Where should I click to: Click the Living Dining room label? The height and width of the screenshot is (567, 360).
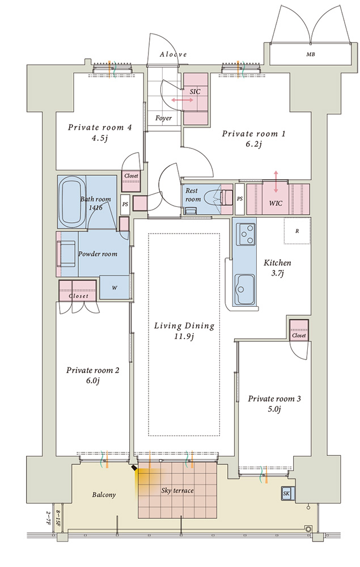(x=184, y=326)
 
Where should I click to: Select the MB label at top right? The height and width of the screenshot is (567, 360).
(x=311, y=54)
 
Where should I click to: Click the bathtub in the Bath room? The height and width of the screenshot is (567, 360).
(x=71, y=202)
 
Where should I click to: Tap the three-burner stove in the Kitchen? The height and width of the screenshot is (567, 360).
(x=245, y=235)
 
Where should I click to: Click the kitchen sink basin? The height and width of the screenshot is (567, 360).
(x=244, y=290)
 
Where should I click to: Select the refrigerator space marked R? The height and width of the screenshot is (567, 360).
(x=297, y=231)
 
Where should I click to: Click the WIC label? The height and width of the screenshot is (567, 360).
(x=276, y=203)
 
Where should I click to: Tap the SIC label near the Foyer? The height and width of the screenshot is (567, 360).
(x=195, y=91)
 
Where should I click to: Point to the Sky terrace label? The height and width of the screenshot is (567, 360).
(x=177, y=490)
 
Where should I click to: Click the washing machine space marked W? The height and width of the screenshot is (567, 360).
(x=114, y=288)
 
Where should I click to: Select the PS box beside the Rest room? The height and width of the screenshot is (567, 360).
(x=240, y=198)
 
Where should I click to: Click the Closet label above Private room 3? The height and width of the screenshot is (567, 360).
(x=299, y=336)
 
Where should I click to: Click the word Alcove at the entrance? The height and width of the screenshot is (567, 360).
(x=173, y=54)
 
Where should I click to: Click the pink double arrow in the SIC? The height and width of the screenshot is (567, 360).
(x=183, y=100)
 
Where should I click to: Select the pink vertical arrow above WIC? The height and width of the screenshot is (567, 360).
(x=276, y=181)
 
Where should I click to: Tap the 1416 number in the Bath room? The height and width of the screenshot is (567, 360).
(x=95, y=208)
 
